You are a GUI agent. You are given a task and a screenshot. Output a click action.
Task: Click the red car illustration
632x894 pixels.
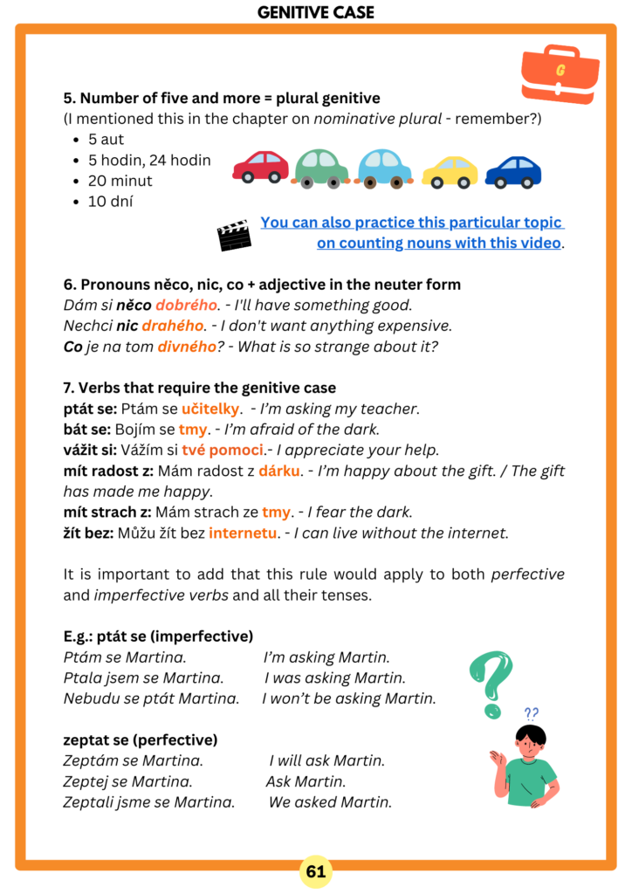(260, 166)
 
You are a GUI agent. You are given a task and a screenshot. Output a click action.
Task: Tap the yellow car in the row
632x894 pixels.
(450, 171)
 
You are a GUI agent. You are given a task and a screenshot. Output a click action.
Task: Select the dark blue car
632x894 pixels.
(513, 171)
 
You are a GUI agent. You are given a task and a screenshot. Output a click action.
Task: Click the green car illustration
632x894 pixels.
(320, 168)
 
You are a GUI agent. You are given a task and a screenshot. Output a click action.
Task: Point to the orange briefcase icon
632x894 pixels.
(560, 74)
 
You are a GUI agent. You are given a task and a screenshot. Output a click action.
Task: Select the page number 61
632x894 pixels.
(316, 871)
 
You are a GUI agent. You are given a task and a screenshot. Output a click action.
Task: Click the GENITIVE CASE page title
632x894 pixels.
(316, 12)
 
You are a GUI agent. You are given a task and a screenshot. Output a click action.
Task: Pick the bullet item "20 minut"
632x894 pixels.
(120, 181)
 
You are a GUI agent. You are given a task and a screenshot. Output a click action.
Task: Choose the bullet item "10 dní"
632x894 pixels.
(110, 202)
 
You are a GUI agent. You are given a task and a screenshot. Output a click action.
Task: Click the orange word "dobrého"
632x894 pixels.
(186, 305)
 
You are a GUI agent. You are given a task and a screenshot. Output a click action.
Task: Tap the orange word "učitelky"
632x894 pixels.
(210, 409)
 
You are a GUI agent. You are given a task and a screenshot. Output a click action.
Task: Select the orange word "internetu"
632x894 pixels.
(244, 533)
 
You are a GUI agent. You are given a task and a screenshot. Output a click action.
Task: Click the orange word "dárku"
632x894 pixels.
(280, 471)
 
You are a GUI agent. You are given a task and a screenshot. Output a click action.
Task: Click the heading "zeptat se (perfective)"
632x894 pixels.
(140, 739)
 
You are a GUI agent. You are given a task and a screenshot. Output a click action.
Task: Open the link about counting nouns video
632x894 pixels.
(412, 233)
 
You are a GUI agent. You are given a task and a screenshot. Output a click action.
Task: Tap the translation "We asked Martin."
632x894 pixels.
(330, 802)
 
